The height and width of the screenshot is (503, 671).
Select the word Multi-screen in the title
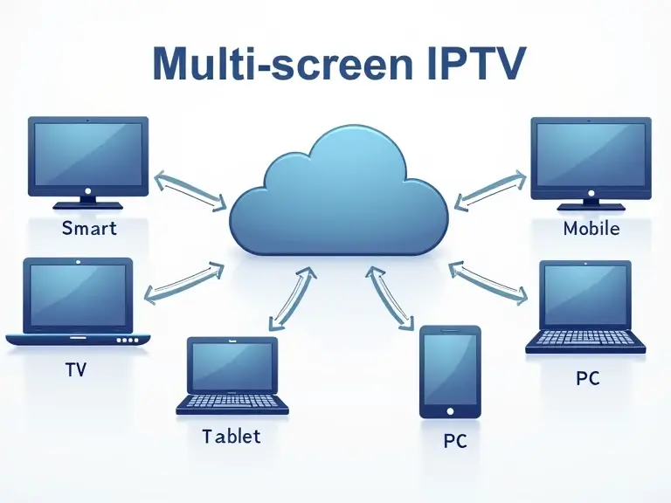tap(261, 65)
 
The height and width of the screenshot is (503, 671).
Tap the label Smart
tap(89, 230)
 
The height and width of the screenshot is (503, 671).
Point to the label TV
tap(76, 369)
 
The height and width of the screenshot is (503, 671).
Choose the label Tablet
tap(231, 435)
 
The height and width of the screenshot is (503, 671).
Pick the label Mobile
tap(591, 229)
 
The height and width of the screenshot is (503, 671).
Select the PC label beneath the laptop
tap(587, 378)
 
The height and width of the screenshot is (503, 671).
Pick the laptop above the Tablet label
tap(232, 376)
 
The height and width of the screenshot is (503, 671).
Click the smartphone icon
tap(450, 371)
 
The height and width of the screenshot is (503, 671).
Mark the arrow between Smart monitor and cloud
tap(190, 191)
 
